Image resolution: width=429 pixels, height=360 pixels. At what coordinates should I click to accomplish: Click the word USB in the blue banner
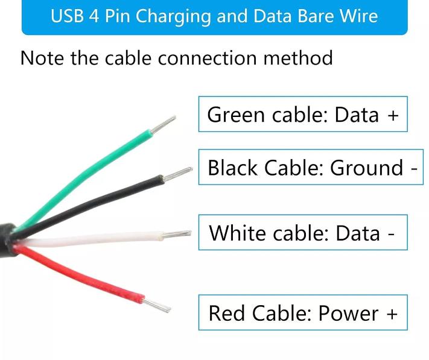coord(67,16)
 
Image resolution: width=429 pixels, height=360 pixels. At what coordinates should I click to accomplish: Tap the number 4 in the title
coord(94,16)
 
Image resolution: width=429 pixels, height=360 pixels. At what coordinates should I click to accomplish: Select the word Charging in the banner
coord(173,17)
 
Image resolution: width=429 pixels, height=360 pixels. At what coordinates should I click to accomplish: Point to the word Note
coord(42,58)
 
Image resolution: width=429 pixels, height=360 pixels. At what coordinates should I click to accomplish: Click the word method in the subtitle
coord(298,58)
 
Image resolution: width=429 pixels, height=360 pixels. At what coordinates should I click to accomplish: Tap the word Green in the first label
coord(236,115)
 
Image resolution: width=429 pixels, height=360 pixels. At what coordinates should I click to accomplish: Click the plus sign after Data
coord(393,115)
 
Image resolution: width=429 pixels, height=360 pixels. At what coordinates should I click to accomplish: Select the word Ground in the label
coord(366,167)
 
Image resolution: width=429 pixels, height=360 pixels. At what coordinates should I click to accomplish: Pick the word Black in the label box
coord(232,167)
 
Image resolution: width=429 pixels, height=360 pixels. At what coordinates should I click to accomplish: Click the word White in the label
coord(237,233)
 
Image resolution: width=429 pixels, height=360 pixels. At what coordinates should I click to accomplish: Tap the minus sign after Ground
coord(414,169)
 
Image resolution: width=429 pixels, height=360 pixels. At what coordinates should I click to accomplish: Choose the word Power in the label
coord(349,313)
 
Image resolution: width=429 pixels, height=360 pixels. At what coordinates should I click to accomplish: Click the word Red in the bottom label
coord(226,313)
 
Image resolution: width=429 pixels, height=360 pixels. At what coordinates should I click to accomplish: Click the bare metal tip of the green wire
coord(163,124)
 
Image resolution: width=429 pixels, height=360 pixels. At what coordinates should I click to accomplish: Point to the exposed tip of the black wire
coord(177,174)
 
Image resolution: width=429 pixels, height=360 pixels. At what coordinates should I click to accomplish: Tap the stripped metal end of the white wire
coord(176,234)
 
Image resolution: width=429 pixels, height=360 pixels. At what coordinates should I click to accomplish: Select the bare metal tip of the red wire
coord(156,305)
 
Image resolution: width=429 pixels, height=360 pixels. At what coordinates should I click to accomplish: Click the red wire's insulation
coord(82,276)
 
